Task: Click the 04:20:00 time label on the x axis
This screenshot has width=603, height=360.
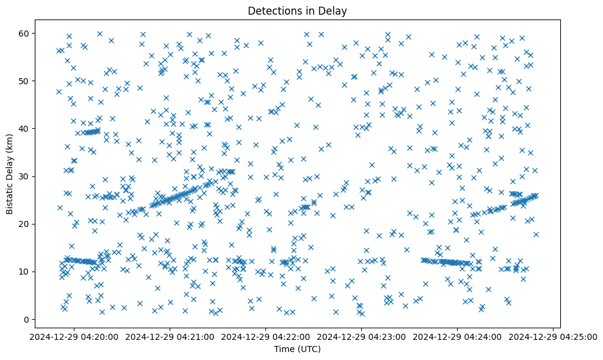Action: pos(74,336)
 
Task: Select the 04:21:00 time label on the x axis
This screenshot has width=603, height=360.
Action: pos(170,336)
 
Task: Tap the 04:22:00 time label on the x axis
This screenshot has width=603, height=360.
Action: pos(266,336)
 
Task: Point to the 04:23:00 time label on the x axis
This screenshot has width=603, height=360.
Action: pos(362,336)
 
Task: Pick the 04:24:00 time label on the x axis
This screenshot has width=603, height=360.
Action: pos(458,336)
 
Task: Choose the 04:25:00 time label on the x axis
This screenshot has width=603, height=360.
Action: pos(554,336)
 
